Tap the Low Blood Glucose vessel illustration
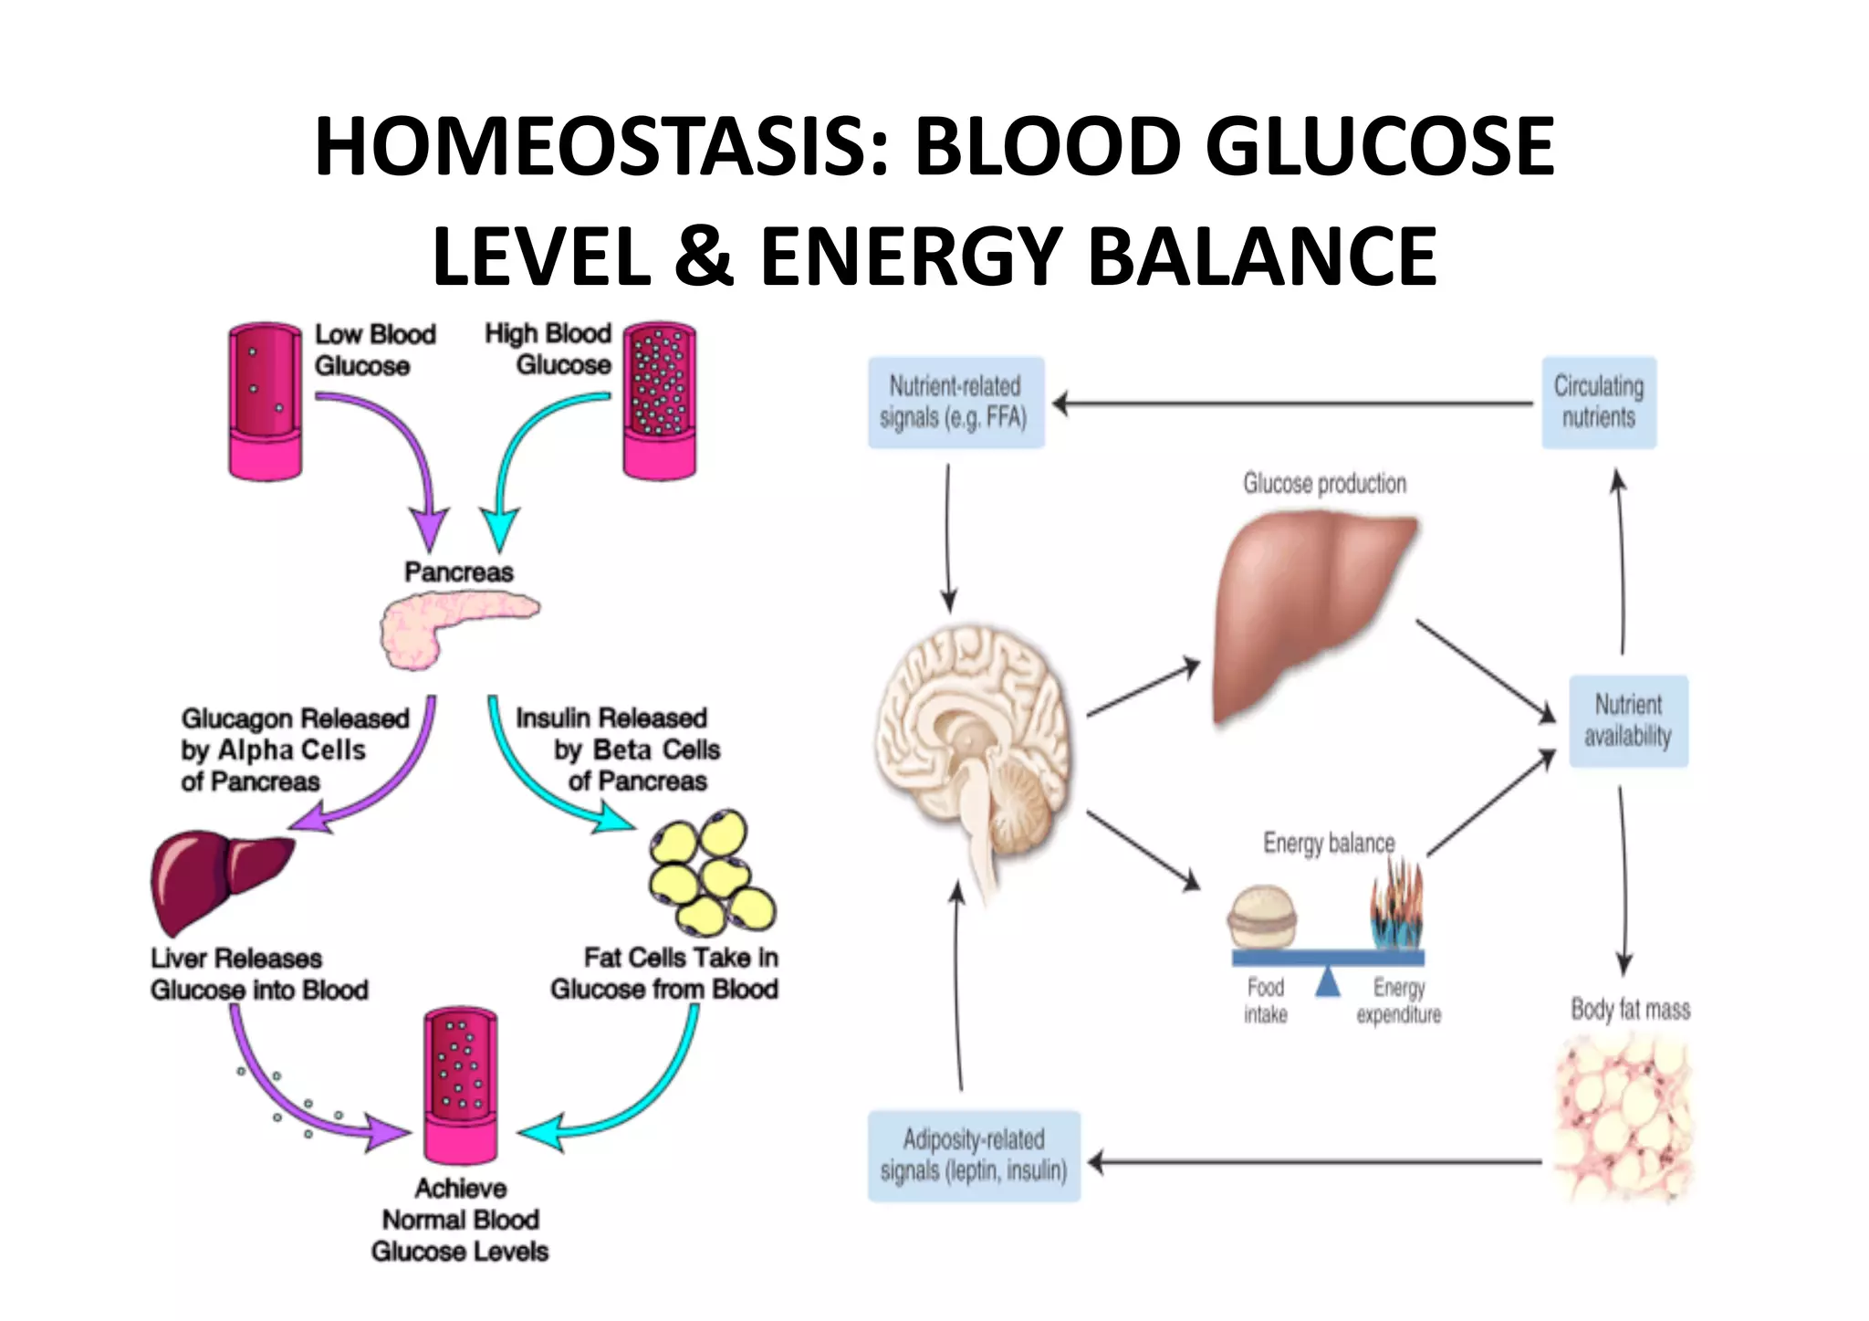click(265, 402)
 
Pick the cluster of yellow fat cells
click(712, 872)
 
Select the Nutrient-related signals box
click(955, 402)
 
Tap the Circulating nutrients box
click(1599, 402)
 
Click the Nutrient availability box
click(1628, 721)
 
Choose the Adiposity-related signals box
click(974, 1156)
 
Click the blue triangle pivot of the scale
click(1328, 982)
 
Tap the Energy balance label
click(1329, 843)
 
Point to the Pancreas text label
click(459, 572)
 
